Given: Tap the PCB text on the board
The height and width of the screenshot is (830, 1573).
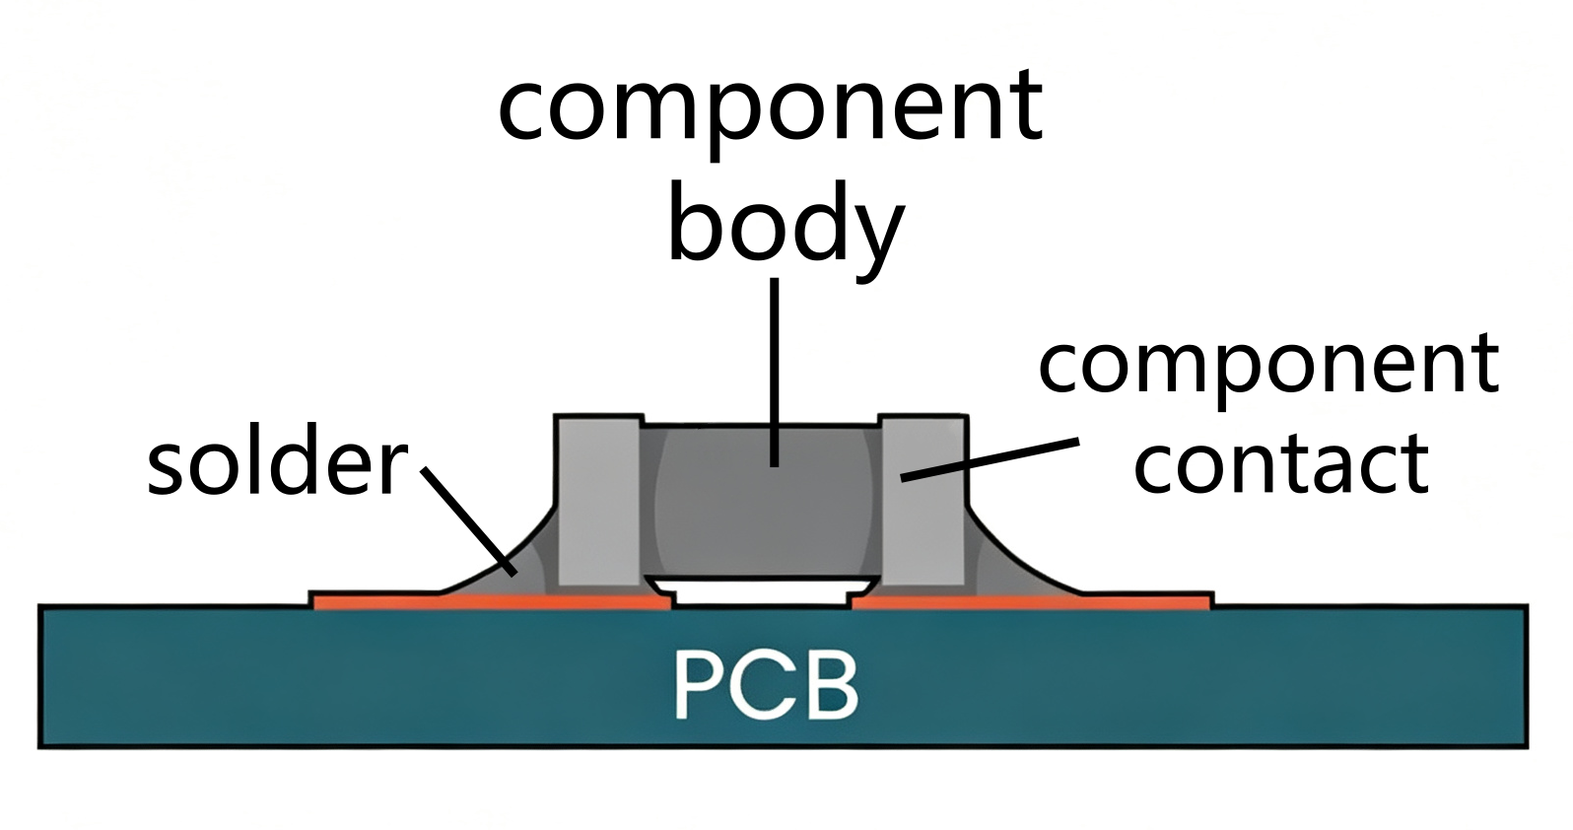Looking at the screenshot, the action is tap(766, 685).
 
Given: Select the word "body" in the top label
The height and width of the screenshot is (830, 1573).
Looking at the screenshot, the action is tap(786, 232).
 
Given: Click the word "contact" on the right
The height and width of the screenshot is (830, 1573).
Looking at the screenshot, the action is tap(1281, 462).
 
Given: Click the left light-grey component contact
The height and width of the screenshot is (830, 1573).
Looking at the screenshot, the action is tap(599, 501).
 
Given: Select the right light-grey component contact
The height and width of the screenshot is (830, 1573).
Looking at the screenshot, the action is tap(923, 501).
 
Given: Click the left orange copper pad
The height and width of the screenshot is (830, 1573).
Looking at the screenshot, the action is tap(492, 601).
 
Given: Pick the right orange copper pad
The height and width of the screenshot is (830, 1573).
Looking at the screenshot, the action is tap(1031, 601).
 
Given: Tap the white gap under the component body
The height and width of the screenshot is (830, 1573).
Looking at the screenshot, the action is tap(761, 592).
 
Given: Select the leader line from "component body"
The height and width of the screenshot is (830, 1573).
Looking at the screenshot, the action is tap(774, 373).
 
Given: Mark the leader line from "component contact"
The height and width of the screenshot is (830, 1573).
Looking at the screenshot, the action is tap(990, 460).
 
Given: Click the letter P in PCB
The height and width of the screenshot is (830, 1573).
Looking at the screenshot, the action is tap(699, 686).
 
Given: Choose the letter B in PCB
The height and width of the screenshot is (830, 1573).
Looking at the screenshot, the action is tap(834, 686).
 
